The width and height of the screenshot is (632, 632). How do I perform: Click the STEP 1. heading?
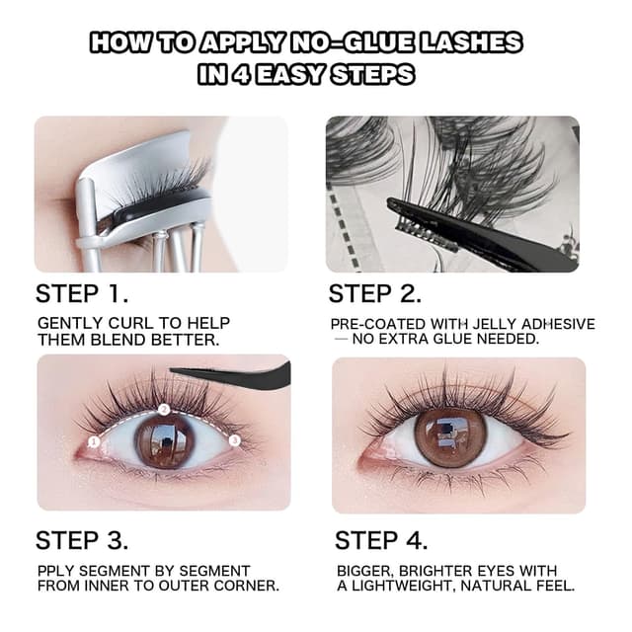coord(82,293)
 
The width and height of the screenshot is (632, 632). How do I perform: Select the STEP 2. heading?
coord(374,293)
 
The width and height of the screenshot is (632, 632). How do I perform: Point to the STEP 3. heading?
coord(84,540)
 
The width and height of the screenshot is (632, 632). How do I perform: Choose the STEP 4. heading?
coord(381,540)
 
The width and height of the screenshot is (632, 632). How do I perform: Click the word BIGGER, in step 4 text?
coord(371,571)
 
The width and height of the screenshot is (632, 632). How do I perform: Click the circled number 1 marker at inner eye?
coord(93,443)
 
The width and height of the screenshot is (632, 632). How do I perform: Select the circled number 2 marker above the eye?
coord(166,407)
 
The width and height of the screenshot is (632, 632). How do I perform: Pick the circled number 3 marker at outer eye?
coord(235,440)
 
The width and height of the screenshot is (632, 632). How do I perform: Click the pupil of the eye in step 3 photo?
coord(166,435)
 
